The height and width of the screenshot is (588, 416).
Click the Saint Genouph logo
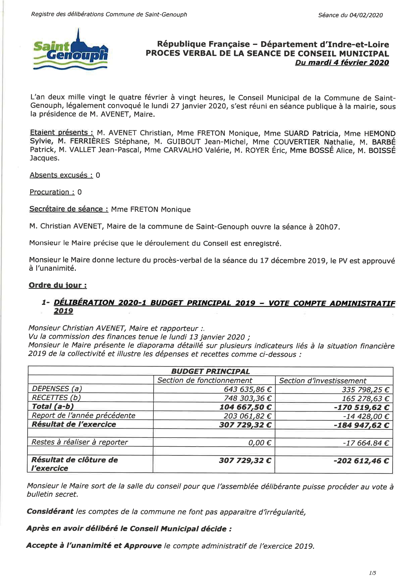(70, 50)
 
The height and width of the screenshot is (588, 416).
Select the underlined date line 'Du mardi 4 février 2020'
(342, 63)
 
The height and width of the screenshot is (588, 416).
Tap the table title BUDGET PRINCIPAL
(210, 372)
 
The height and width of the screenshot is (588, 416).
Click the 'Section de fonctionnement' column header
(205, 381)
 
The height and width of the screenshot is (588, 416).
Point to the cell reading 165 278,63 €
(365, 399)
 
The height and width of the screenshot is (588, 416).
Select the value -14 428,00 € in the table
(366, 416)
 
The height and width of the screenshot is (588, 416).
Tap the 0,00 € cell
(260, 443)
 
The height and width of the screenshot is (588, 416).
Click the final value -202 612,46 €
(361, 461)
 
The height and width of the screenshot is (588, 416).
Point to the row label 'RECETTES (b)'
(56, 398)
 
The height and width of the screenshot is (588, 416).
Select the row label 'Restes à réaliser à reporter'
(80, 442)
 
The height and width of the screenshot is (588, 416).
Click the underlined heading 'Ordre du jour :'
(58, 285)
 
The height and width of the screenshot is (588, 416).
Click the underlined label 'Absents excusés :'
(61, 175)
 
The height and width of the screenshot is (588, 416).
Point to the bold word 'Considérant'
(50, 512)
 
